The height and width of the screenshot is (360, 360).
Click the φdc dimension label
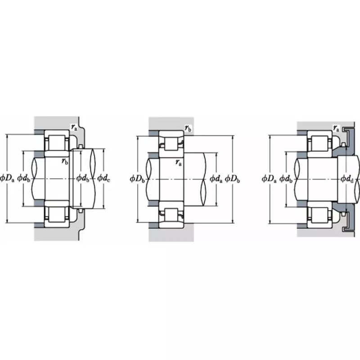click(103, 179)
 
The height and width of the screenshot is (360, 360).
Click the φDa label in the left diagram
click(8, 179)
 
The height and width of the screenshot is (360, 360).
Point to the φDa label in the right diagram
click(269, 179)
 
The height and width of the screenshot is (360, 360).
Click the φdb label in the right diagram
click(287, 179)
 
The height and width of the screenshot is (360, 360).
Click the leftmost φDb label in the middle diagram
click(137, 179)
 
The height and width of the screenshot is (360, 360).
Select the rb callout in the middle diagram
click(188, 128)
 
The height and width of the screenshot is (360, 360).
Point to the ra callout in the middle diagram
click(179, 162)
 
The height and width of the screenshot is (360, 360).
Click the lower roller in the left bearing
click(56, 216)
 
